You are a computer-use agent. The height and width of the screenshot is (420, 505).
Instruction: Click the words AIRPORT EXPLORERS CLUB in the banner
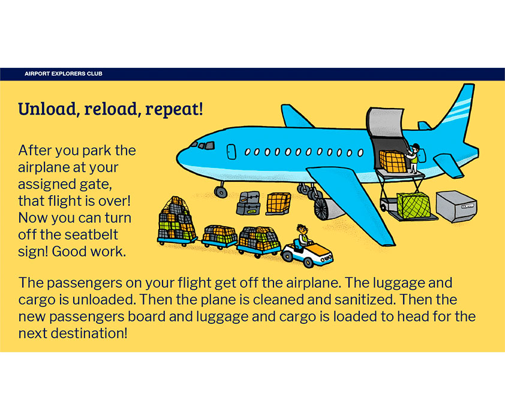(x=64, y=74)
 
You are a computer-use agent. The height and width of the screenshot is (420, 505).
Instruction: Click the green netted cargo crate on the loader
(x=413, y=205)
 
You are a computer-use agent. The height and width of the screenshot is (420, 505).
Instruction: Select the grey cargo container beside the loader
(x=456, y=206)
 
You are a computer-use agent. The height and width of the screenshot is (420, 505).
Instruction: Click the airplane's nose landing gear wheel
(x=221, y=192)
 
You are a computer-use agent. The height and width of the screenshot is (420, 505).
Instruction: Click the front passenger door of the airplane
(x=231, y=152)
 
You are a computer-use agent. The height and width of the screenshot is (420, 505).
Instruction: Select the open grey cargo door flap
(x=385, y=122)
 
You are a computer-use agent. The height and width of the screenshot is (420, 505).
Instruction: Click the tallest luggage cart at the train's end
(x=177, y=221)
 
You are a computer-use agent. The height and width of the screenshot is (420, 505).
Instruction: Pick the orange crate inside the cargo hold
(x=393, y=161)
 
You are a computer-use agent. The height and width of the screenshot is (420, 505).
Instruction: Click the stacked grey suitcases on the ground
(x=248, y=203)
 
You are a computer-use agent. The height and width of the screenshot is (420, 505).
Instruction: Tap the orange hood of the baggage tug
(x=320, y=249)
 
